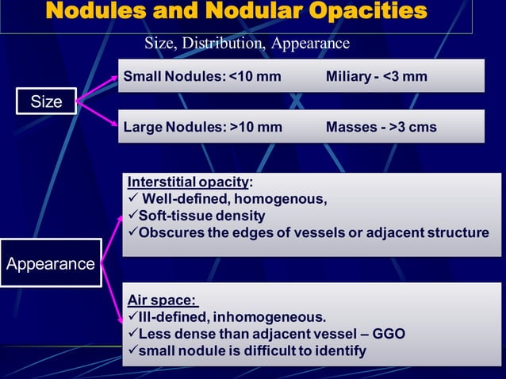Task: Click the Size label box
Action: coord(47,101)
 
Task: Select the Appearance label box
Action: coord(51,264)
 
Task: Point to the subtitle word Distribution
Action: coord(225,43)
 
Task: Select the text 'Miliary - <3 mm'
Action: coord(376,77)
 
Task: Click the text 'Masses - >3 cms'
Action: coord(381,127)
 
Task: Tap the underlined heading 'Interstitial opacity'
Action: coord(187,182)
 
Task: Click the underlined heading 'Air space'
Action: coord(161,300)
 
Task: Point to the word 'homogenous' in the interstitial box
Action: coord(288,199)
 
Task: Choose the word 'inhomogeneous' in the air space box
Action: coord(274,317)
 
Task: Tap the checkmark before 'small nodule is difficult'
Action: coord(132,350)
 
